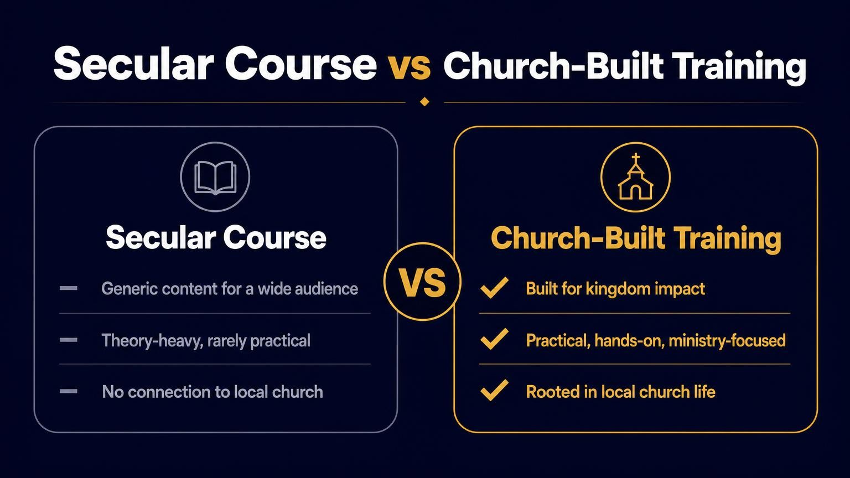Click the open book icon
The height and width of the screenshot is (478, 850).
click(x=215, y=178)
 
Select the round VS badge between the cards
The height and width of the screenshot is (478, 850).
click(x=422, y=282)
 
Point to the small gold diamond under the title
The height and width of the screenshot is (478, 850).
click(x=424, y=102)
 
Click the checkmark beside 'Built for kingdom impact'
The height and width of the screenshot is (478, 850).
click(x=494, y=288)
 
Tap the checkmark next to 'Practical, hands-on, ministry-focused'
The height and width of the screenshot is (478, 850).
click(x=494, y=339)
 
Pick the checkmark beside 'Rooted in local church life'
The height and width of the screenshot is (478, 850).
click(x=494, y=390)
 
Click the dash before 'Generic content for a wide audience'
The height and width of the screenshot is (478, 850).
click(x=68, y=288)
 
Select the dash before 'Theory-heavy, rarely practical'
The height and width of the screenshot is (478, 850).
click(x=68, y=340)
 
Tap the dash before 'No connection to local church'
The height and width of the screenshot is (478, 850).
click(x=68, y=392)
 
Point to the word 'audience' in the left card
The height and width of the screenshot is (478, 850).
click(x=326, y=289)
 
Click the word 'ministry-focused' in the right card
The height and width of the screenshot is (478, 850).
click(x=727, y=341)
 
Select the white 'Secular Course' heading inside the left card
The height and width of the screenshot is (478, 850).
click(x=216, y=237)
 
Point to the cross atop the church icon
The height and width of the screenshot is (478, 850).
click(x=636, y=159)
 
